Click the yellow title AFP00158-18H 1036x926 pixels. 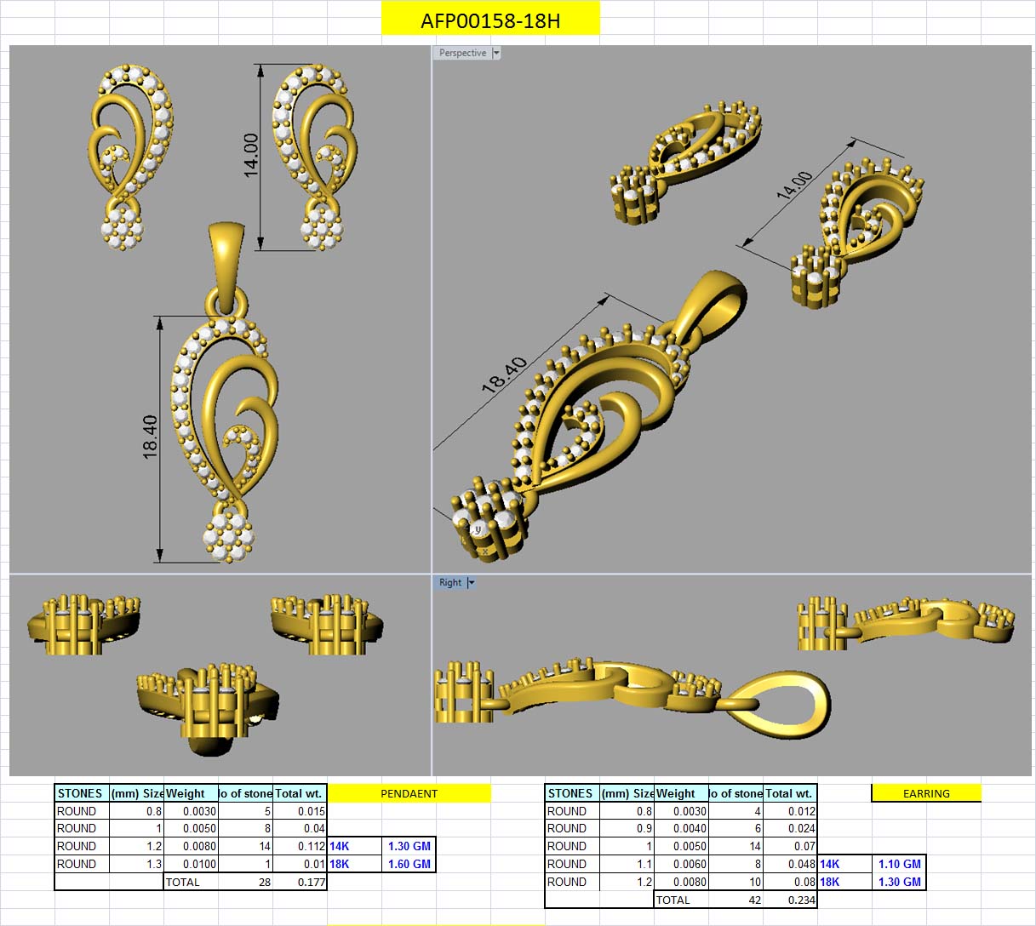coord(490,20)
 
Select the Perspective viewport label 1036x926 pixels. coord(462,53)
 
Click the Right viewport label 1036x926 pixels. coord(450,583)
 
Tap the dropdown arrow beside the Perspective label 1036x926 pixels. coord(497,53)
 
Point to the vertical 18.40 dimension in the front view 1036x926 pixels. coord(150,437)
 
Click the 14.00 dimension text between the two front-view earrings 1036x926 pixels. coord(251,155)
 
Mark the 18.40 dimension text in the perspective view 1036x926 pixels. coord(505,375)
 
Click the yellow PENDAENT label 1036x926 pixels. coord(409,793)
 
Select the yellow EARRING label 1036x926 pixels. coord(926,793)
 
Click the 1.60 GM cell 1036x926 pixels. coord(409,864)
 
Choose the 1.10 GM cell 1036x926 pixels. coord(899,864)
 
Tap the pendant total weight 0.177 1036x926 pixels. coord(312,882)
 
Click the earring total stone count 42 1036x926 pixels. coord(754,900)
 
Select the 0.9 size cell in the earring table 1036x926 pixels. coord(644,828)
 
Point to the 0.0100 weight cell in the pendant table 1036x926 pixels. coord(199,864)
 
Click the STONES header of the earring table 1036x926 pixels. coord(570,793)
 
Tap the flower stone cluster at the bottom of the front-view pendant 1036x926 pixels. coord(228,536)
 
